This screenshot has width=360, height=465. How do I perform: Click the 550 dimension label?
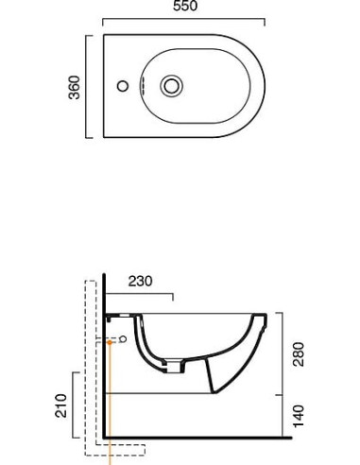point(185,6)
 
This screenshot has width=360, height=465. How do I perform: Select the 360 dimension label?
point(75,87)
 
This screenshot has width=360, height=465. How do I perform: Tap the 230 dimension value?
point(140,281)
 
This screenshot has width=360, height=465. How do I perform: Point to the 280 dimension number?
point(299,354)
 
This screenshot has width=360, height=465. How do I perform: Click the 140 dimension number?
point(299,416)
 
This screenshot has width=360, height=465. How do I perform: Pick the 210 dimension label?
point(61,405)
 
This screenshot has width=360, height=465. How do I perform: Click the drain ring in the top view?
point(171,86)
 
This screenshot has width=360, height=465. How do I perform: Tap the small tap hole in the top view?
point(123,86)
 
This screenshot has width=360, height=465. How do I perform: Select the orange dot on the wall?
point(110,342)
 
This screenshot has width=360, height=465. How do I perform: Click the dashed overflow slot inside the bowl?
point(142,85)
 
